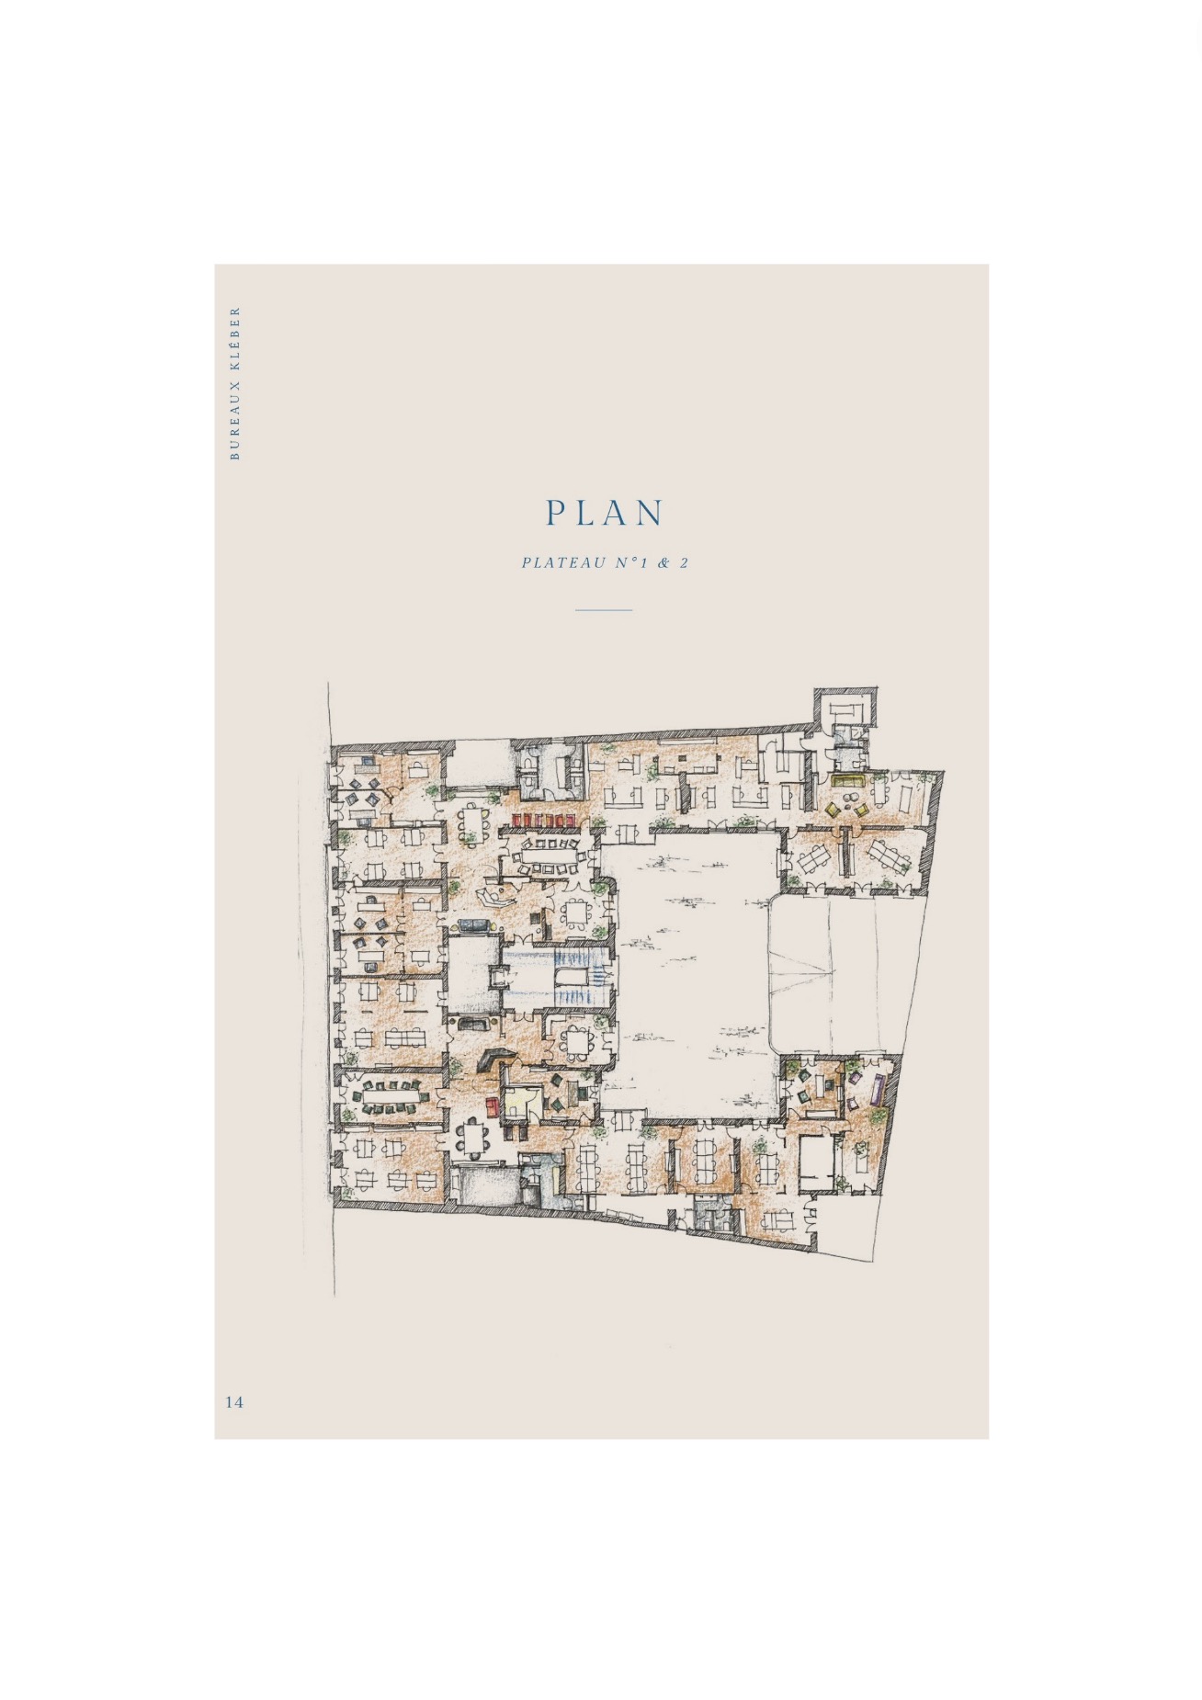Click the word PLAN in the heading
604,513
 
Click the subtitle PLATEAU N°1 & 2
605,562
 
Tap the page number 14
234,1401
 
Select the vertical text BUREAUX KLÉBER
234,382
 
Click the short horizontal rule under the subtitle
604,609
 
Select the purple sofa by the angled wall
879,1090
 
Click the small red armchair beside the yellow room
491,1106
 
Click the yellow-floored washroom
519,1101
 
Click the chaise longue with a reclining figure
496,896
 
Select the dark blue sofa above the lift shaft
475,925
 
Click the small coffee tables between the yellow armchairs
846,810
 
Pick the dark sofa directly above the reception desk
475,1024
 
